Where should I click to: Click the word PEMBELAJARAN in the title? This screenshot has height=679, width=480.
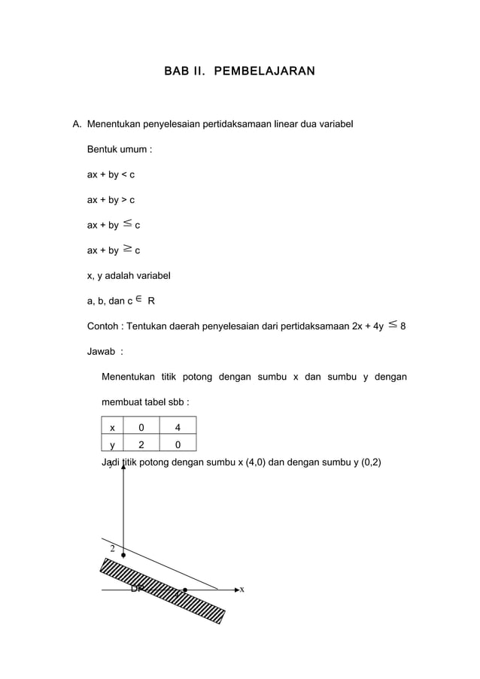click(264, 71)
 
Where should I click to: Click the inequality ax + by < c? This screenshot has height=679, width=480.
click(111, 175)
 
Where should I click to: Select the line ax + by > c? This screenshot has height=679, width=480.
click(111, 200)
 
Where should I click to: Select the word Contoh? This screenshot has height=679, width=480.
click(103, 326)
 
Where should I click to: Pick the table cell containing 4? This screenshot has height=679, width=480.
click(177, 428)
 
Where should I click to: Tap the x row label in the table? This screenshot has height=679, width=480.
click(112, 428)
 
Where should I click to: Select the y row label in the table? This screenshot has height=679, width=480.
click(112, 444)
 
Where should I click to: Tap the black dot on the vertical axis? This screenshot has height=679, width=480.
click(123, 556)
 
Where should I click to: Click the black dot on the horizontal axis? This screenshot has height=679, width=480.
click(185, 590)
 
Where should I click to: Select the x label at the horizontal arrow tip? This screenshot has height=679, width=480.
click(242, 590)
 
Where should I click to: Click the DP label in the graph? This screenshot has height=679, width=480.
click(137, 589)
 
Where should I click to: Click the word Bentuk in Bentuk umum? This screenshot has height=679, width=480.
click(105, 150)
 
